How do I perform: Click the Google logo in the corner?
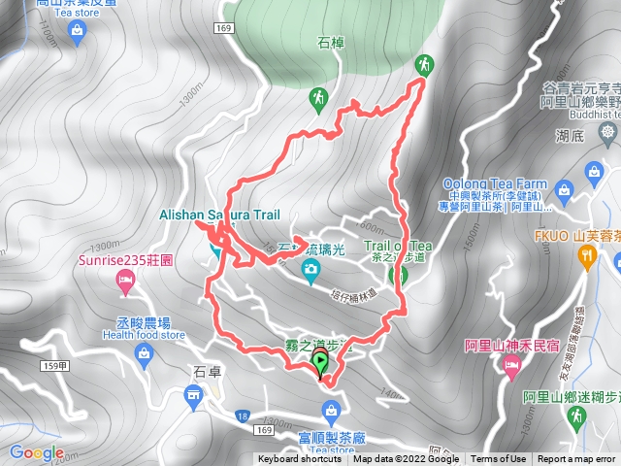[37, 452]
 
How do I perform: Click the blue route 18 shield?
[239, 416]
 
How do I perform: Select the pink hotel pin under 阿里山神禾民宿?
[511, 366]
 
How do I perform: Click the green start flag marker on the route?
[320, 364]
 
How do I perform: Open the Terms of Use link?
[499, 459]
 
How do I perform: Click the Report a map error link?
[577, 459]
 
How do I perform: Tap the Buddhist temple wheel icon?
[607, 131]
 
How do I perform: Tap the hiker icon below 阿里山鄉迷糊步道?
[574, 415]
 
